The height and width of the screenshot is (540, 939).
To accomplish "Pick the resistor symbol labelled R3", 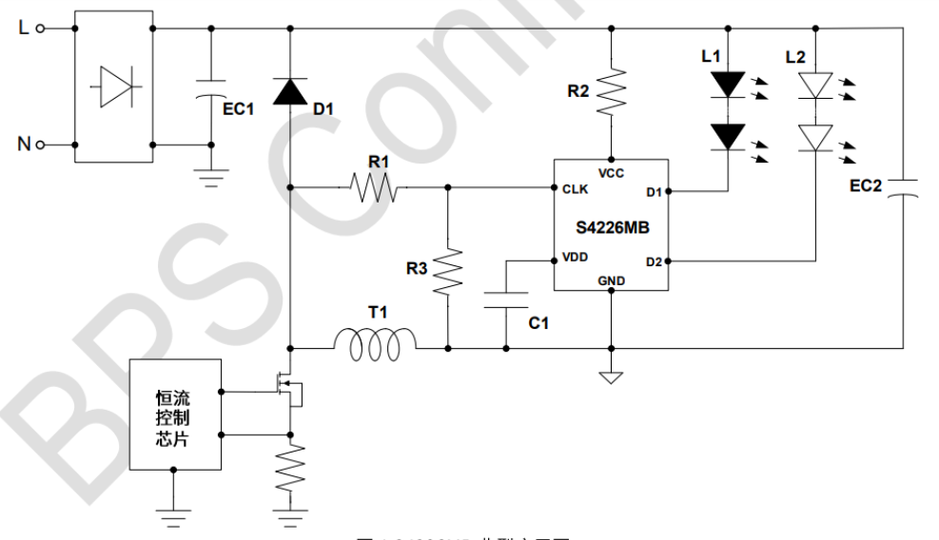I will tap(446, 272).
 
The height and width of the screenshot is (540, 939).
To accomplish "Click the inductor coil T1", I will tap(374, 345).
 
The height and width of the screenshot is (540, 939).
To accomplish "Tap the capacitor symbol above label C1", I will tap(505, 300).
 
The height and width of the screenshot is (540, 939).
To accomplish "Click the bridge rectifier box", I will tap(113, 87).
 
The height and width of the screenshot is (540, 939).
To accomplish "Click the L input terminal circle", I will tap(40, 29).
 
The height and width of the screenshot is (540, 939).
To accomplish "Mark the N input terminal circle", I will tap(40, 145).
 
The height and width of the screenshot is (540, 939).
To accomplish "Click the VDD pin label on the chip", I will tap(576, 258).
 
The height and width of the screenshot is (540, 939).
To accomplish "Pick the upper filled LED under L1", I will tap(728, 85).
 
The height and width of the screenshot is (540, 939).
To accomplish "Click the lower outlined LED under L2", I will tap(814, 138).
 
